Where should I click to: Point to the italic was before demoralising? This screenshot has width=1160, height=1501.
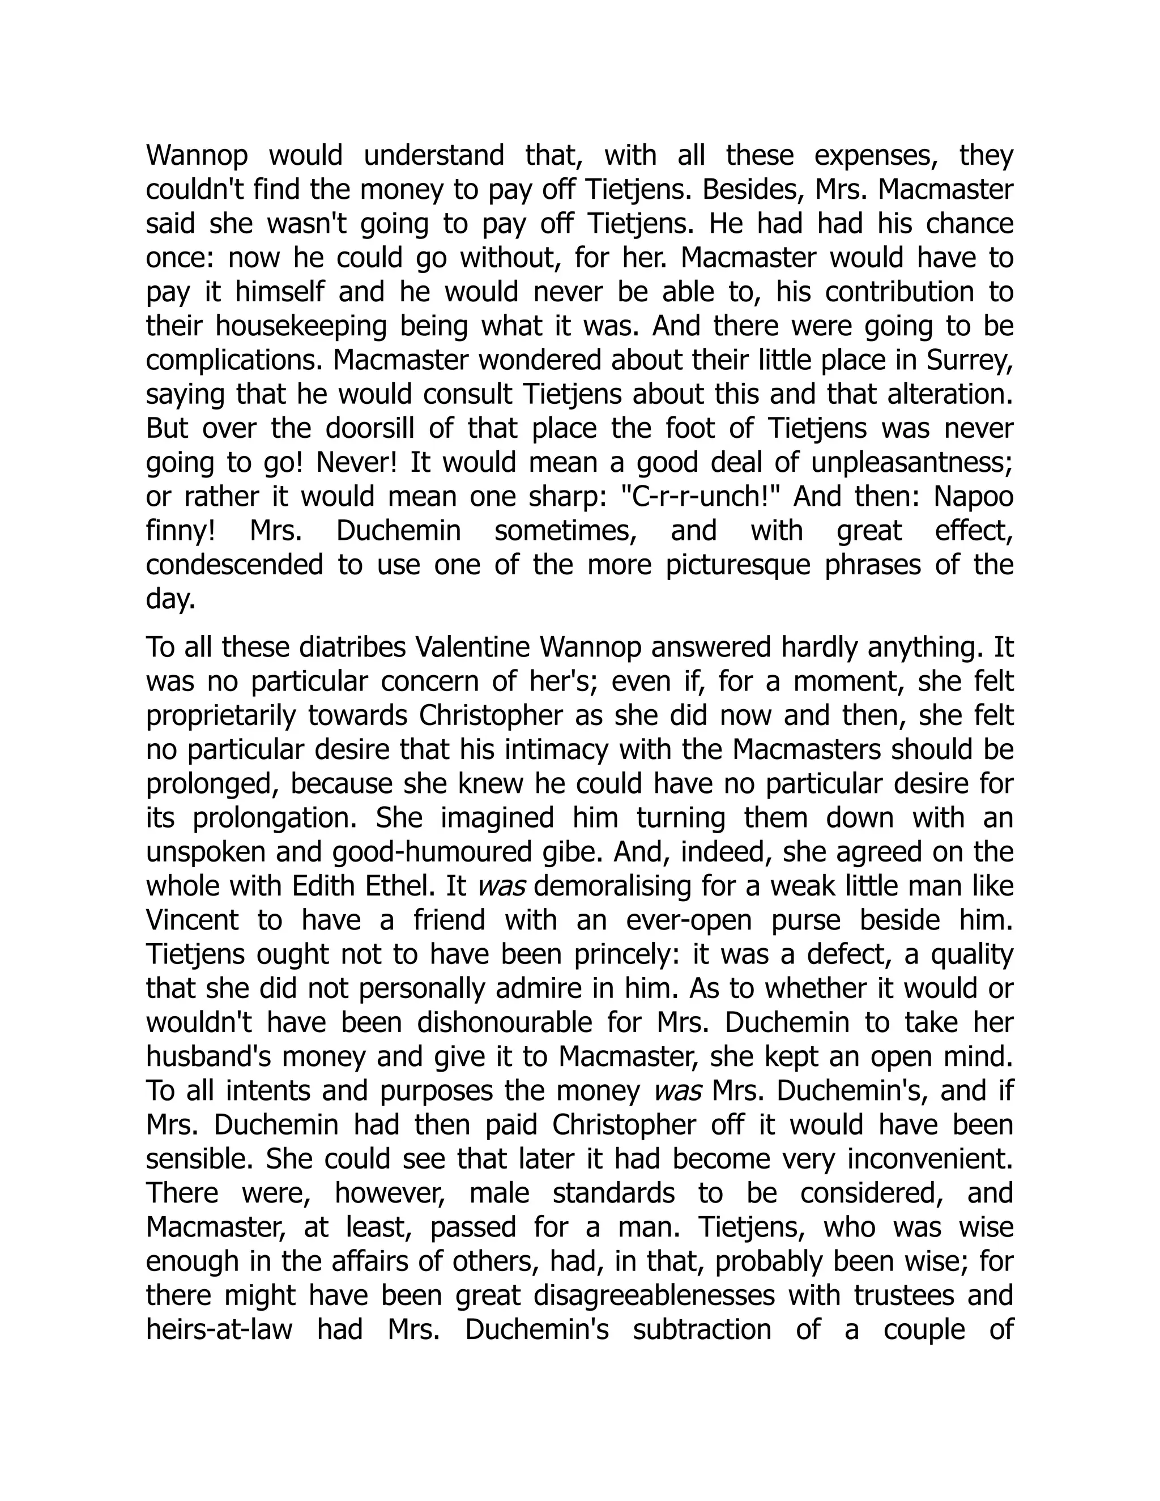tap(501, 886)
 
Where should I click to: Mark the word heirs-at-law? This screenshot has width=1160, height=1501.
tap(219, 1330)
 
